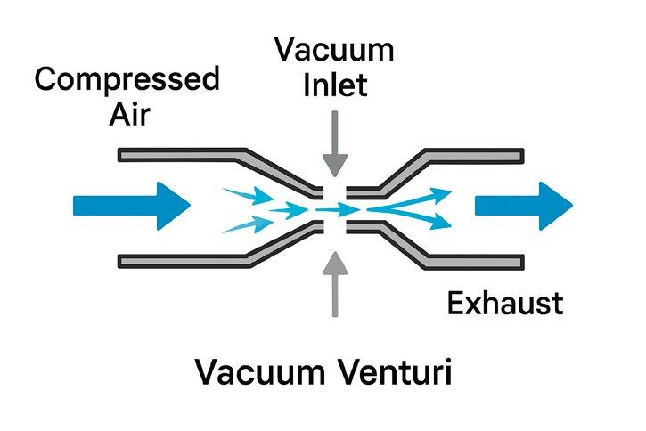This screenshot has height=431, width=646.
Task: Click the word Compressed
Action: click(x=127, y=80)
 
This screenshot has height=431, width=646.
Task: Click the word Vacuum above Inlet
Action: click(x=335, y=48)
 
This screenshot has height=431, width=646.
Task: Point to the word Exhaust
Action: click(x=504, y=304)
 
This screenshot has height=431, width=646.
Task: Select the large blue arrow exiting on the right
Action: click(x=522, y=206)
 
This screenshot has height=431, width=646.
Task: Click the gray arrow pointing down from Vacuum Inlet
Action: click(x=335, y=142)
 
